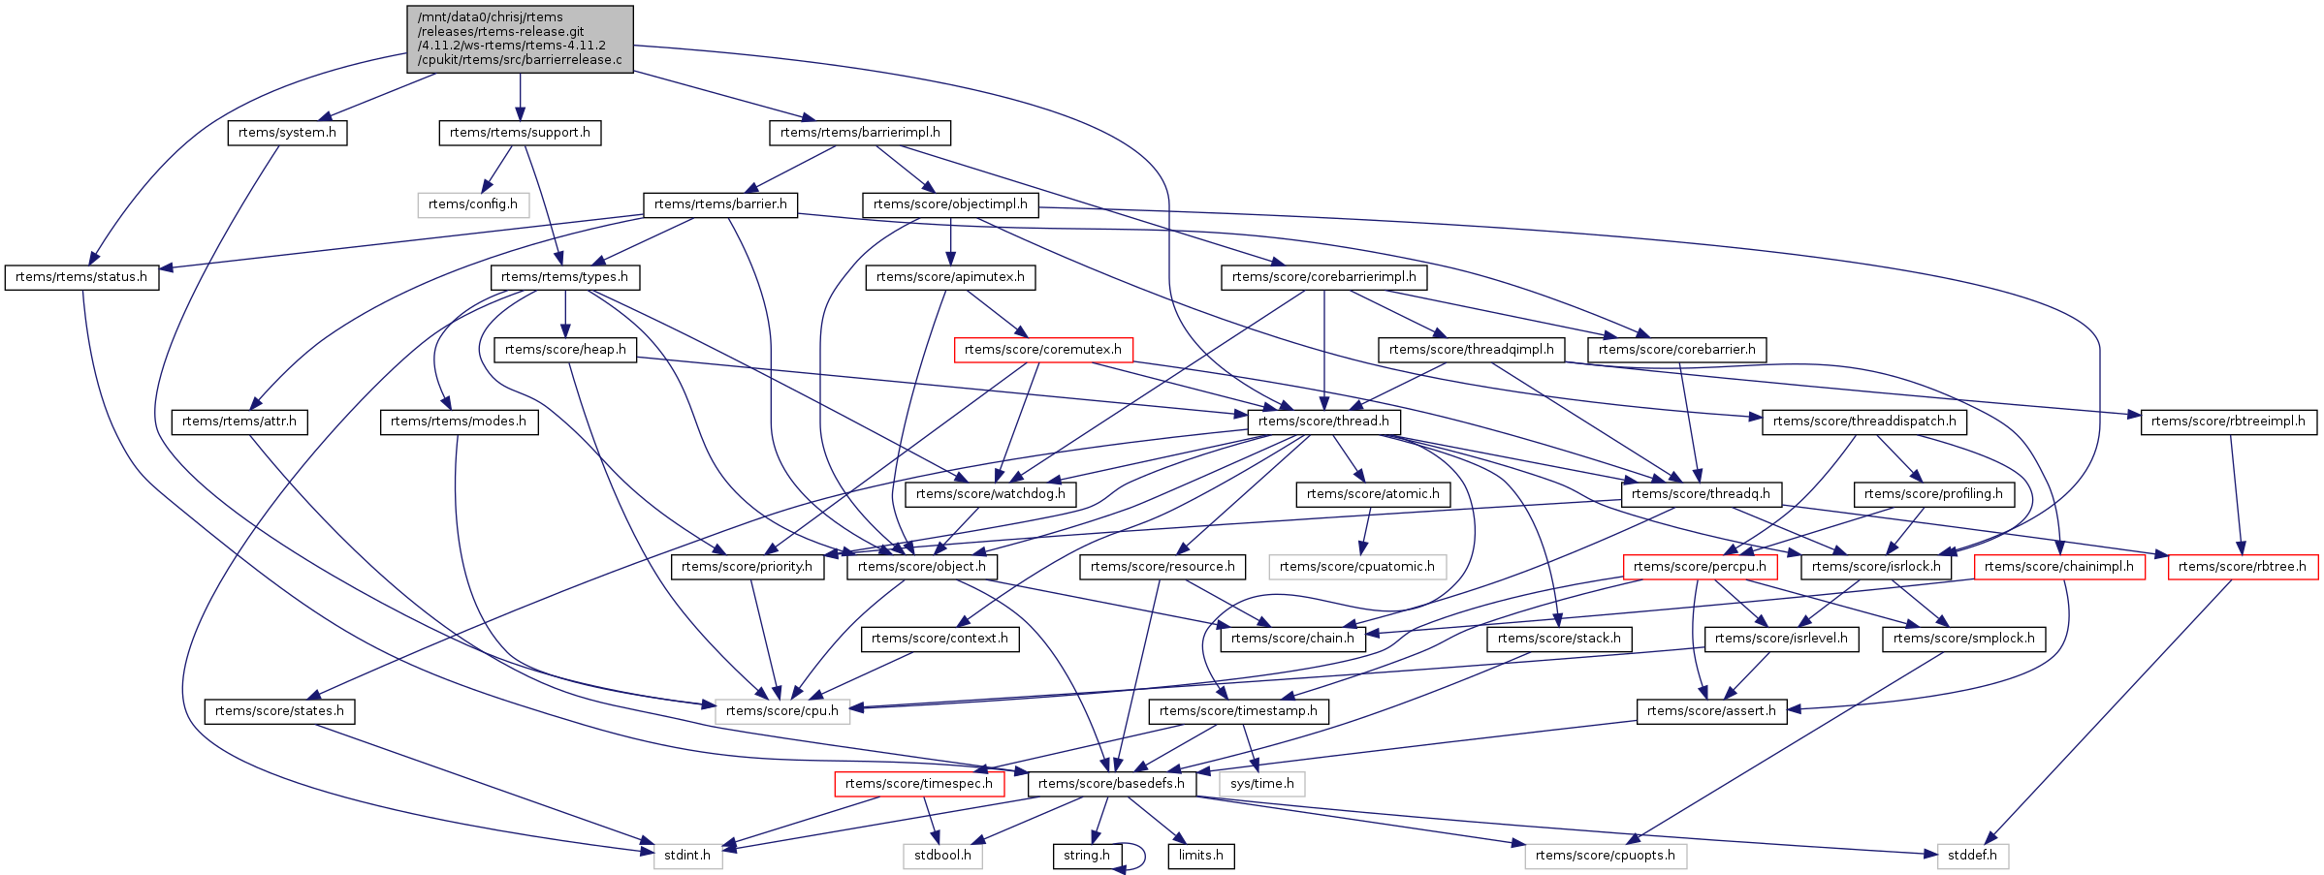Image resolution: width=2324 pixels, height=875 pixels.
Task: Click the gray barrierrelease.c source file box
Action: point(520,39)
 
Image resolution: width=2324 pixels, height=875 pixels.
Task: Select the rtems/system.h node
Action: point(287,133)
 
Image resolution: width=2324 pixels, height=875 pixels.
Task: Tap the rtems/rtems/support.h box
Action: point(520,133)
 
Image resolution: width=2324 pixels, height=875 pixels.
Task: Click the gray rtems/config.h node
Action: point(473,204)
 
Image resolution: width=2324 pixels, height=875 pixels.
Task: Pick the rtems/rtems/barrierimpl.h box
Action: point(860,133)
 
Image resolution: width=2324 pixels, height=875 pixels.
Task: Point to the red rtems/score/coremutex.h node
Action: point(1043,350)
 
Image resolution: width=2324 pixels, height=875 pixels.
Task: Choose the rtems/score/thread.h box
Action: point(1324,422)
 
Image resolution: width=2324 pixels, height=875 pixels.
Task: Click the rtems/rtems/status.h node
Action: point(81,277)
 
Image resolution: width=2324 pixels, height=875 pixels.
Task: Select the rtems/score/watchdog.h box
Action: point(991,494)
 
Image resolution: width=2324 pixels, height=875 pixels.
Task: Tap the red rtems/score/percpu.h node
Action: point(1700,567)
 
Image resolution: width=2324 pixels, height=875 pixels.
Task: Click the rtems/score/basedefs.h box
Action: point(1111,784)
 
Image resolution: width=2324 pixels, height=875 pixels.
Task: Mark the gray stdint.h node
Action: point(687,856)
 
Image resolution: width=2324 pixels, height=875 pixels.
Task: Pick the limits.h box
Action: point(1201,856)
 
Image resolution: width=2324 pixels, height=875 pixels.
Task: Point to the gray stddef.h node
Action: point(1973,856)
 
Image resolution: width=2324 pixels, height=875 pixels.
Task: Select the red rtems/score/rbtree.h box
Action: point(2243,567)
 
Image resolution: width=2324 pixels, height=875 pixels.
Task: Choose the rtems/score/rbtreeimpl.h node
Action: point(2229,422)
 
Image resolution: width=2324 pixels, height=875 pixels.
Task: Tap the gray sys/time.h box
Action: point(1262,784)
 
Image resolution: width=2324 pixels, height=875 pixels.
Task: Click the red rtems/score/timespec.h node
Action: point(919,784)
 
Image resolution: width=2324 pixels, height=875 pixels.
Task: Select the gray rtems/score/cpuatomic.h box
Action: point(1357,567)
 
